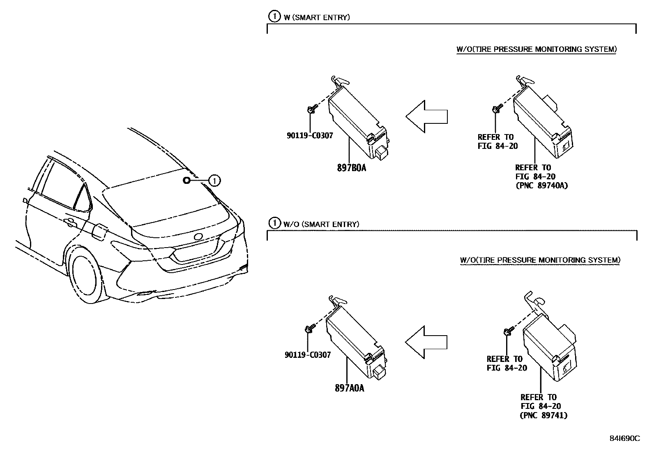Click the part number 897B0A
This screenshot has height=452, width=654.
point(350,168)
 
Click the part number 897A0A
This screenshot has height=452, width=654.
point(349,388)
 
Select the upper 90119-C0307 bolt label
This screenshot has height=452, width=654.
point(310,135)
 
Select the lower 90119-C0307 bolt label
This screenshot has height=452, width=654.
point(308,355)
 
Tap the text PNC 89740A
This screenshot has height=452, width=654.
point(542,185)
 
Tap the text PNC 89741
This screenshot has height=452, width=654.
point(544,415)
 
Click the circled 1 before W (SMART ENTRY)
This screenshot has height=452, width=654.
point(274,17)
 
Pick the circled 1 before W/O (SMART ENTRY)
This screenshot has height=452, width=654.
point(274,224)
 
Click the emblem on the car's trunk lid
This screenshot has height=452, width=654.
point(198,237)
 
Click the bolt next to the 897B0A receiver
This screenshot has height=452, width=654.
point(311,109)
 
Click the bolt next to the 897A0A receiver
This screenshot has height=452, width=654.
point(309,329)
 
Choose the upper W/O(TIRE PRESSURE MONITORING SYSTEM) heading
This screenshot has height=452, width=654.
point(536,49)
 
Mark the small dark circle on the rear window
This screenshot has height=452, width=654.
point(186,180)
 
